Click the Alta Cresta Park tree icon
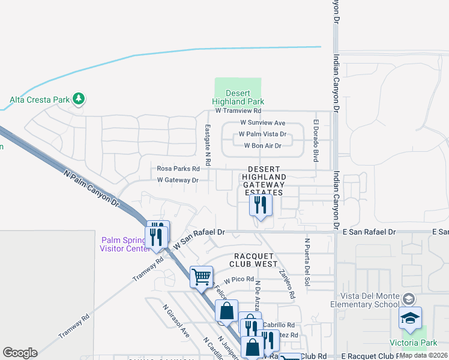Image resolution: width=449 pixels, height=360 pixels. coord(78,98)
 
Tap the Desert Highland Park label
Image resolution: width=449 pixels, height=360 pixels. coord(238,97)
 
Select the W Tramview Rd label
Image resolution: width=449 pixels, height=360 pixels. coord(238,110)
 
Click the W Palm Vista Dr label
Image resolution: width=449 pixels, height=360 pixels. coord(262,134)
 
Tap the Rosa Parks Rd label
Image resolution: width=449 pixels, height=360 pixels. coord(178,169)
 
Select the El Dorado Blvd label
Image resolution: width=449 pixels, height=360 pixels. coord(315,140)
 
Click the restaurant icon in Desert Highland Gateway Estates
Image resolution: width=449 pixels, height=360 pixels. coord(261,206)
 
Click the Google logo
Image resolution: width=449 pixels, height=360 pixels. coord(20,353)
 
